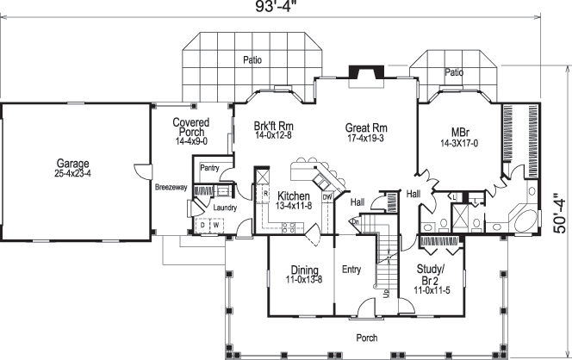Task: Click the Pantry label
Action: click(211, 168)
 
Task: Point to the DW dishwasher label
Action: click(326, 196)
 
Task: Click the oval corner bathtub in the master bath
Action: click(525, 215)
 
